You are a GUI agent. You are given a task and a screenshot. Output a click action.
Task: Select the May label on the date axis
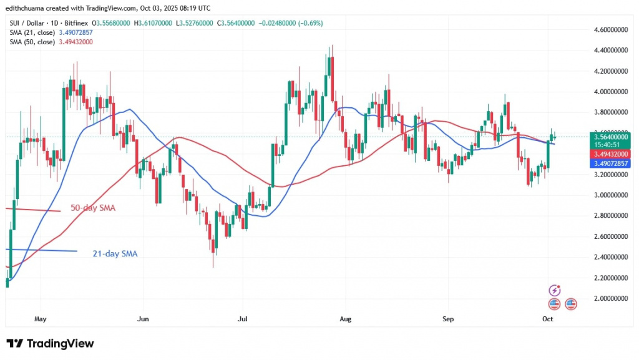[x=41, y=319]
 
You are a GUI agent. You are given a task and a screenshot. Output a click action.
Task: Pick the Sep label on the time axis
[x=447, y=319]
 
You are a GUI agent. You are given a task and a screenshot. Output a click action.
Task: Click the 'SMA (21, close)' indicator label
[x=32, y=32]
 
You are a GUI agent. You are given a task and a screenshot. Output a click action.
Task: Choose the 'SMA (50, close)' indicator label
[x=32, y=42]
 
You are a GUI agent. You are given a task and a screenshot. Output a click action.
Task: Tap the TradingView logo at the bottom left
[x=50, y=344]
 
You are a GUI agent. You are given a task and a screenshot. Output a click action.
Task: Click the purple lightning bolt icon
[x=554, y=291]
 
